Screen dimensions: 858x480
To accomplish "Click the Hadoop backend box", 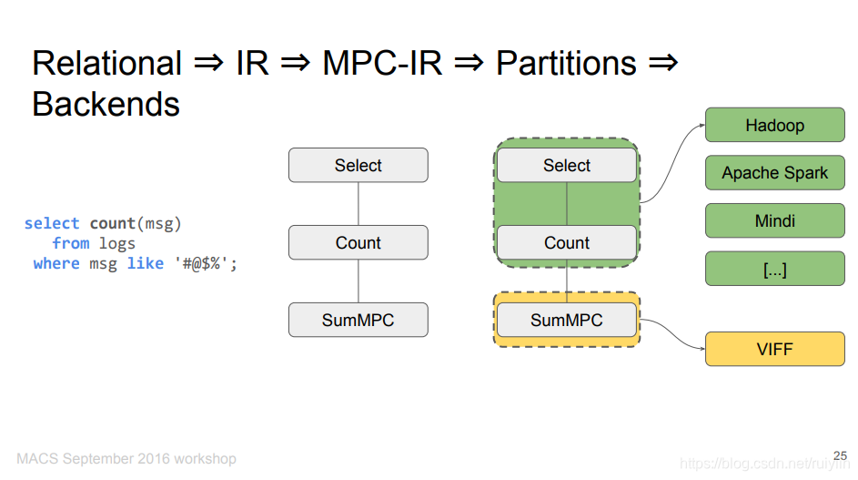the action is (775, 125).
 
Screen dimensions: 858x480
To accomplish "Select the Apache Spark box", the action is (775, 173).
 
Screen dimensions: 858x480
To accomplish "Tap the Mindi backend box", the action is (775, 220).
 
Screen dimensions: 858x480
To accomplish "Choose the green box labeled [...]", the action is (775, 269).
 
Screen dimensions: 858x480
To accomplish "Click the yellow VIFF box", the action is (775, 349).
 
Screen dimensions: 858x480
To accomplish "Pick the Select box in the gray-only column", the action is (358, 165).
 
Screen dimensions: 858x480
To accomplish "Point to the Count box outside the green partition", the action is (358, 242).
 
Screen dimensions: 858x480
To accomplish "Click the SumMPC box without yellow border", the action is (358, 320).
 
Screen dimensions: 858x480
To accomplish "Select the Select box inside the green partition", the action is (567, 165).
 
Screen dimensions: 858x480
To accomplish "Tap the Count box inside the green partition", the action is (567, 242).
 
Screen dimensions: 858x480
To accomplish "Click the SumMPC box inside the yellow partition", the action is (567, 320).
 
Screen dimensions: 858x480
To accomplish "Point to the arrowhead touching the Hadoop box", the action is (702, 126).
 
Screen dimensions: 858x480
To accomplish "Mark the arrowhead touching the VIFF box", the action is (702, 349).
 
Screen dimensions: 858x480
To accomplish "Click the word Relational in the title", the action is (106, 63).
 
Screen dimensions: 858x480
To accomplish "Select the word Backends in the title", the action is (106, 104).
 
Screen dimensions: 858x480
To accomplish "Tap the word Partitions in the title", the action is (566, 63).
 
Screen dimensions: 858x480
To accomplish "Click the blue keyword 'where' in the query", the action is (56, 263).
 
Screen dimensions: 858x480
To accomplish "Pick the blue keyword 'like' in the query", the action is (145, 263).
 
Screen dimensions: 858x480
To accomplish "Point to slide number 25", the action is (840, 456).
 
